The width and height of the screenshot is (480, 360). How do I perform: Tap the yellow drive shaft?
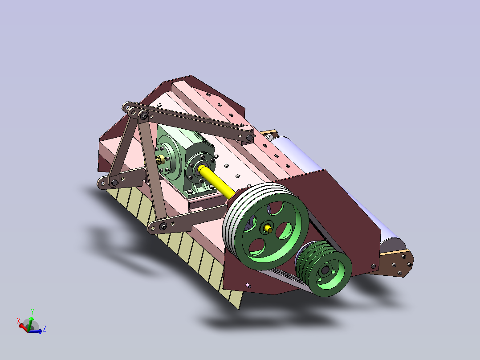(217, 181)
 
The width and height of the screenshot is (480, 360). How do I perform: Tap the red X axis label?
(19, 320)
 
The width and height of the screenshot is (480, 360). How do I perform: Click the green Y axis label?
(33, 312)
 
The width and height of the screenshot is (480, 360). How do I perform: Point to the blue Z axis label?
(45, 328)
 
